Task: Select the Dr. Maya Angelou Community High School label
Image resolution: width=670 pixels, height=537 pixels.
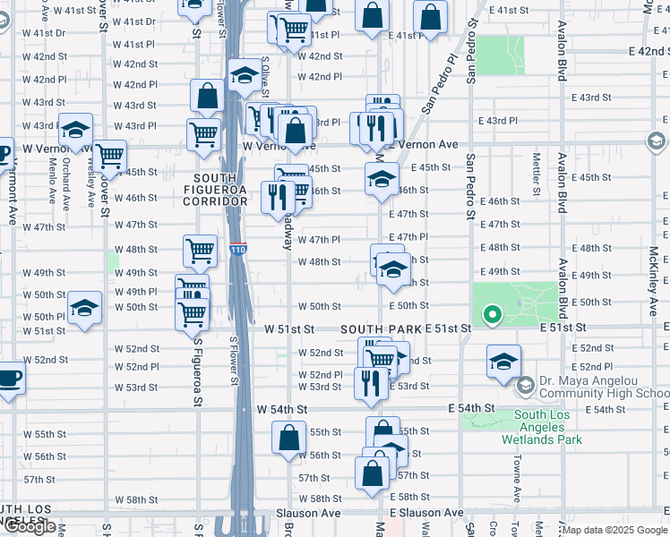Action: pos(602,386)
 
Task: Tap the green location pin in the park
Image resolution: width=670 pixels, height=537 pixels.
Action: pos(491,315)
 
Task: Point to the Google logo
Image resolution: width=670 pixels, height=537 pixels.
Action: pos(30,526)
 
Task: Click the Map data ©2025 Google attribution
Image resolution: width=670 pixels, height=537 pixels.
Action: pos(614,530)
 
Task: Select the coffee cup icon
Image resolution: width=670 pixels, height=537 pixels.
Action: pos(9,378)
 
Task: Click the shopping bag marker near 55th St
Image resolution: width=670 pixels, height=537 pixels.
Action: pos(288,439)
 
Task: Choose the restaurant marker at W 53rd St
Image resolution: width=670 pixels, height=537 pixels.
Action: pos(371,383)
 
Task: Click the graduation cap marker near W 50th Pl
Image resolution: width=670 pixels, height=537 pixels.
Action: pos(85,310)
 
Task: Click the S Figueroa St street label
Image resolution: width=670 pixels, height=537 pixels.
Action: pos(196,377)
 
